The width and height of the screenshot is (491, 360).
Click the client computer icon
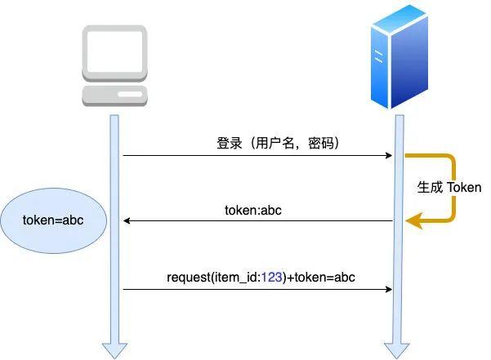click(114, 64)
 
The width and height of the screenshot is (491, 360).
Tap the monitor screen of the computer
click(114, 51)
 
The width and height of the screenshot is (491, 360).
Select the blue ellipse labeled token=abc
click(53, 221)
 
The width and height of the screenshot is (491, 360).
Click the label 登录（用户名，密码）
click(278, 143)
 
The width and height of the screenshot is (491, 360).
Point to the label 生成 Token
click(449, 187)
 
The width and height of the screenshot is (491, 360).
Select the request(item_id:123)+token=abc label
click(261, 278)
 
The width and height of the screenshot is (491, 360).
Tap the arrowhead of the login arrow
click(389, 155)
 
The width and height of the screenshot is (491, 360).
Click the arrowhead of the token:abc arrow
click(127, 220)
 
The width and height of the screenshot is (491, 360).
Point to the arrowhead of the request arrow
click(389, 288)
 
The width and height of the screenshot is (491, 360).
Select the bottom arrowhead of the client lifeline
click(114, 349)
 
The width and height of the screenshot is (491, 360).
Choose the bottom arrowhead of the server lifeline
click(399, 349)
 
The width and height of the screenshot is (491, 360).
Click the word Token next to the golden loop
click(464, 187)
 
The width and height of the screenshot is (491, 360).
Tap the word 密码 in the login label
click(319, 143)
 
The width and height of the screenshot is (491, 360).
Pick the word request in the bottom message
click(188, 278)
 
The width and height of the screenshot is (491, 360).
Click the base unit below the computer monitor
click(114, 94)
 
